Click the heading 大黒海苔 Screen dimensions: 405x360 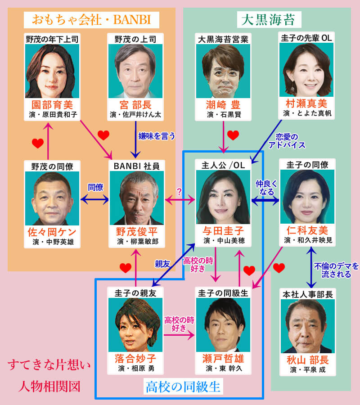tap(265, 20)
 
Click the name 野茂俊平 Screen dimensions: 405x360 tap(136, 232)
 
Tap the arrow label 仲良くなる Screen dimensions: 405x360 tap(265, 188)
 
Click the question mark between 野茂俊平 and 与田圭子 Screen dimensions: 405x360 tap(179, 191)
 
